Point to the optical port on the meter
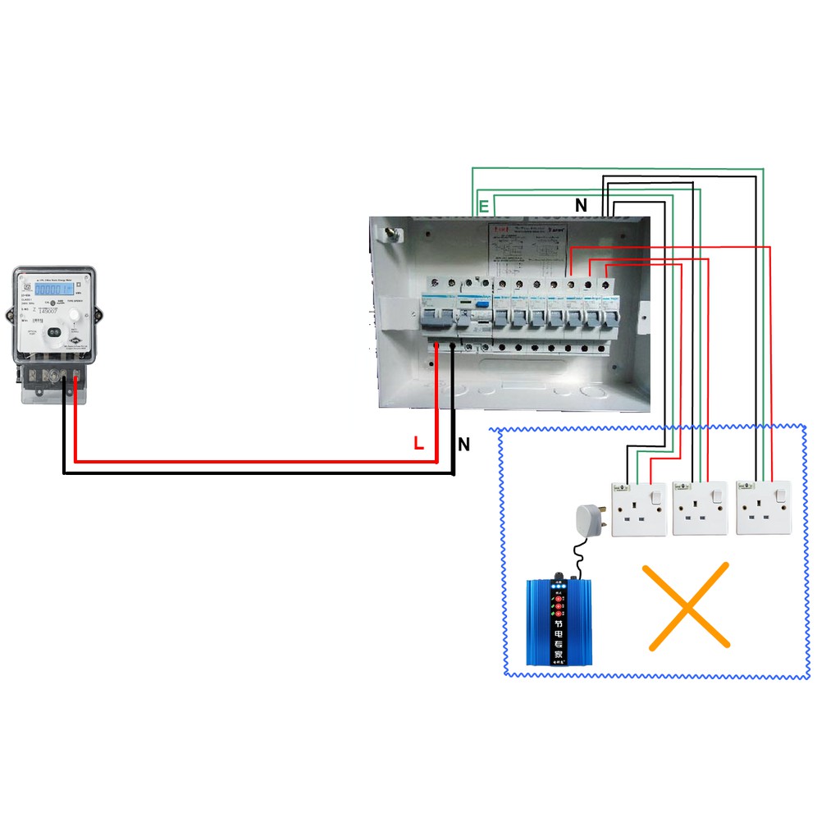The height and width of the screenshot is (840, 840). [x=54, y=332]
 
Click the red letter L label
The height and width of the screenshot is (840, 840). [x=418, y=445]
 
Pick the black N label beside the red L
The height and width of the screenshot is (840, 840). [x=464, y=445]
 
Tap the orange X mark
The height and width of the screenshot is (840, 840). [x=687, y=606]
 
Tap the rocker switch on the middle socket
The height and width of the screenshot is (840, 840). [x=718, y=495]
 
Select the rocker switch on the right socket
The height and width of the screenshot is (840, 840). [x=780, y=495]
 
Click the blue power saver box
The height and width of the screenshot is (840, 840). [x=558, y=622]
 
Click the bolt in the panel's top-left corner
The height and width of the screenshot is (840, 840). [x=390, y=235]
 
